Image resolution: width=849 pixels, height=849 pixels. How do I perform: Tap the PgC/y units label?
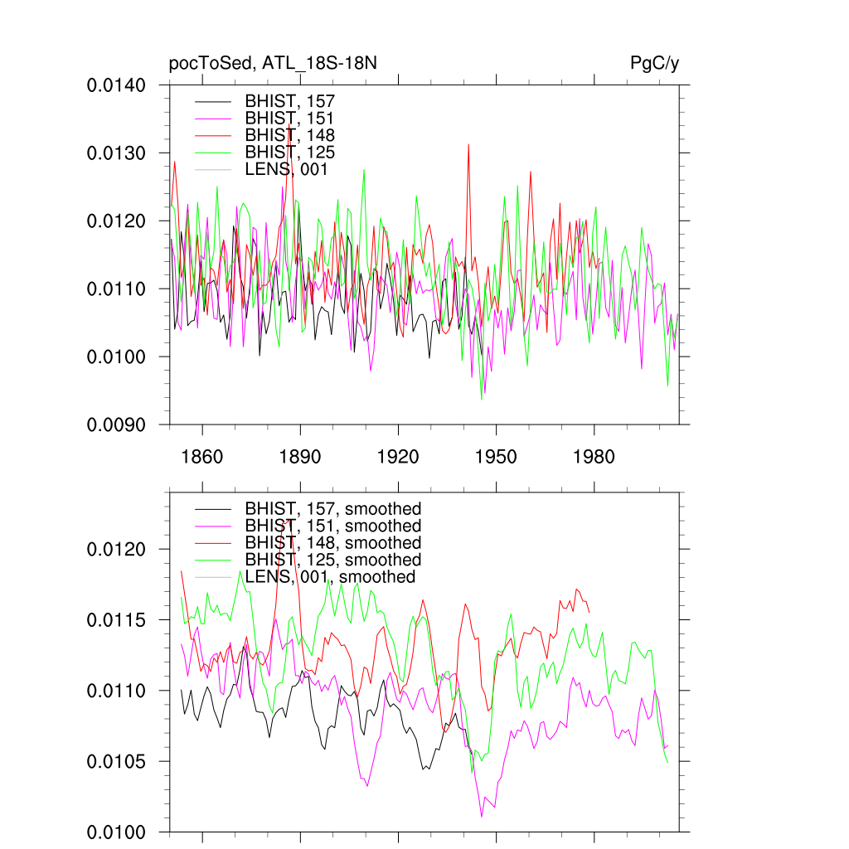point(655,63)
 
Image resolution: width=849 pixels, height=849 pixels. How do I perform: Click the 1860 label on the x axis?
point(202,457)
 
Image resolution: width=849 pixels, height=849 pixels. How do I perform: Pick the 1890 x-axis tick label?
point(300,457)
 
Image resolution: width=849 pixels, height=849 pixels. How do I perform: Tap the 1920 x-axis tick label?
point(398,457)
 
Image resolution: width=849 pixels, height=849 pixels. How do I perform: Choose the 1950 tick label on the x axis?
point(496,457)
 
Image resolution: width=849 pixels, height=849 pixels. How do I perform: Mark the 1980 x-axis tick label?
point(594,457)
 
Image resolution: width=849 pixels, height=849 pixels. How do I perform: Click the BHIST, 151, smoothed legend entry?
point(332,526)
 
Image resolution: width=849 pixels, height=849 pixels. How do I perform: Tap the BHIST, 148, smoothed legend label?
point(332,543)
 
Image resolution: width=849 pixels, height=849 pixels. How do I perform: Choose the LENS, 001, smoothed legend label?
point(330,577)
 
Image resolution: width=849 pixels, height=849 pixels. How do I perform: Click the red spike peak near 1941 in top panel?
point(468,145)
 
